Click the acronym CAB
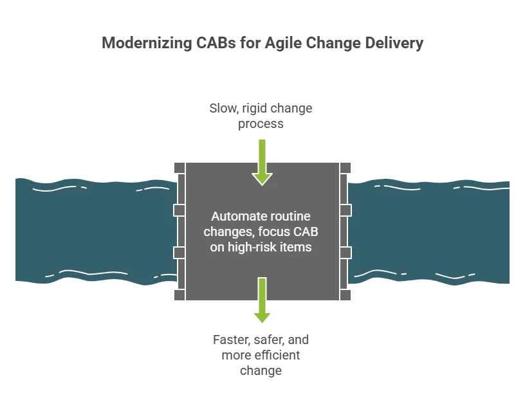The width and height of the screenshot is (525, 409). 305,232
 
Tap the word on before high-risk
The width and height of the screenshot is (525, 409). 217,247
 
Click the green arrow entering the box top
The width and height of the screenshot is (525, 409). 261,160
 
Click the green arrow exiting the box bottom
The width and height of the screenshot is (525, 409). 261,300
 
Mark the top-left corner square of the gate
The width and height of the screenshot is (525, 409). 180,167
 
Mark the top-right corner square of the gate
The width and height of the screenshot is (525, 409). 345,167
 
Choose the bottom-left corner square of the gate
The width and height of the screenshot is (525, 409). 180,295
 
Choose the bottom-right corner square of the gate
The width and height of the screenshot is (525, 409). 345,295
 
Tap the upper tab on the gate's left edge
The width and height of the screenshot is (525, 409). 180,210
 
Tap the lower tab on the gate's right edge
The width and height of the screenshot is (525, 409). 345,251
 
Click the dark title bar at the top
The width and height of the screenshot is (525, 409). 261,43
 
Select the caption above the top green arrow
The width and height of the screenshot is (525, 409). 261,115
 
